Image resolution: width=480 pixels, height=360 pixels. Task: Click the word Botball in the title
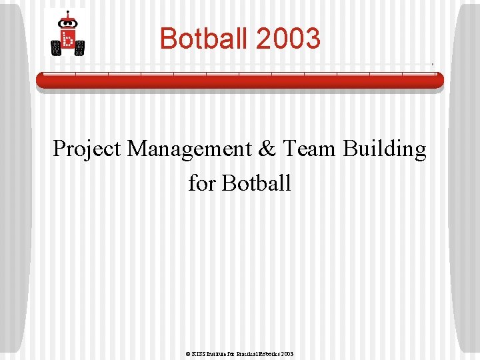tap(204, 39)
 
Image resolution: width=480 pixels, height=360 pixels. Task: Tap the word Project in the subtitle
tap(87, 149)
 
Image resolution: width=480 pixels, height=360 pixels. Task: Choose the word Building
tap(385, 149)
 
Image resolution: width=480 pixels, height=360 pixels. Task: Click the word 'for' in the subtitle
tap(201, 182)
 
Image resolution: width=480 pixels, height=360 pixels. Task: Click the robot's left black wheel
tap(56, 47)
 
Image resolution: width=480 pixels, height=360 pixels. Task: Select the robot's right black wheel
tap(80, 47)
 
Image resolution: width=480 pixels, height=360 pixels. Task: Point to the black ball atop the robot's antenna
tap(67, 13)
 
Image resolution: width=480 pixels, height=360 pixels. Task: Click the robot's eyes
tap(67, 23)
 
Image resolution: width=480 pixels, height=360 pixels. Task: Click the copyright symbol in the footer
tap(189, 354)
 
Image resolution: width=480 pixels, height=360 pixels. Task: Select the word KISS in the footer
tap(199, 354)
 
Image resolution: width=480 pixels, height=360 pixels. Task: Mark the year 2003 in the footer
tap(287, 354)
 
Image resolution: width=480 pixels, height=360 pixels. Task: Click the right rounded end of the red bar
tap(440, 80)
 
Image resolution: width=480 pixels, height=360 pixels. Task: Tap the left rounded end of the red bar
tap(39, 80)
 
